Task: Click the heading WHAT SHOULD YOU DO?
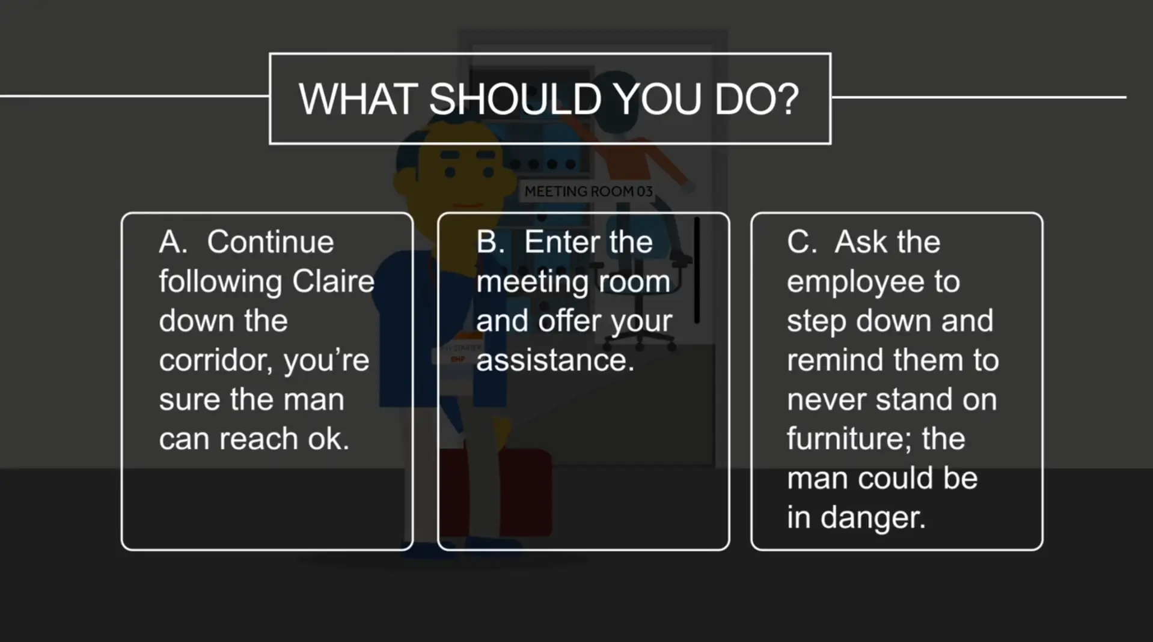[549, 98]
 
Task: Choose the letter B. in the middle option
[491, 242]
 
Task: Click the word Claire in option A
[333, 281]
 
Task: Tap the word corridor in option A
[215, 360]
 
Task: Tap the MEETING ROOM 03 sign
[588, 192]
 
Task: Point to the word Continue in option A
[271, 242]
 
